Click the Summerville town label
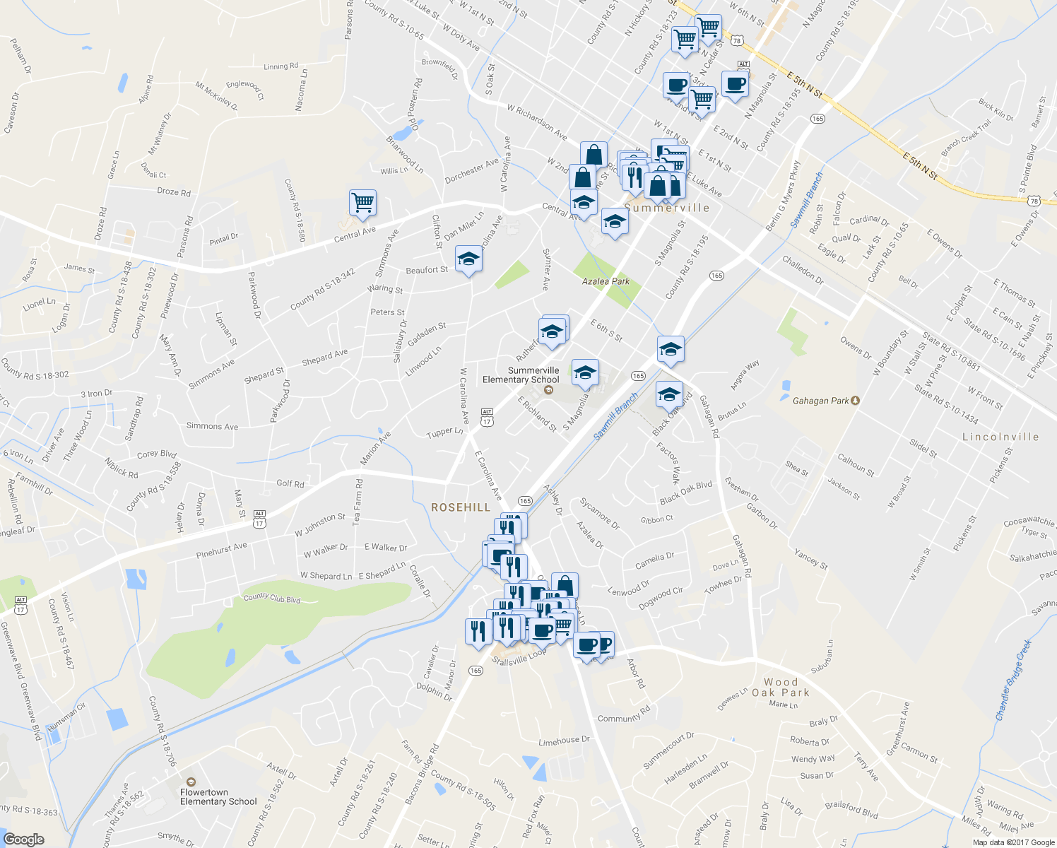(667, 208)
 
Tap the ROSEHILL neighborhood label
(461, 507)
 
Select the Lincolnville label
(1000, 437)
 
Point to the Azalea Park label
(606, 281)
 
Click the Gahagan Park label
(820, 401)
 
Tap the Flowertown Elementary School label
(218, 796)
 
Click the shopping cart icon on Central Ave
(362, 202)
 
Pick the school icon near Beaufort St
(468, 260)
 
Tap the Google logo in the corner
(23, 839)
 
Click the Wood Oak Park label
(781, 687)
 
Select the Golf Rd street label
(290, 483)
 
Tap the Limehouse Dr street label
(564, 741)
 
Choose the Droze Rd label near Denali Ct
(174, 192)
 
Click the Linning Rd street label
(281, 66)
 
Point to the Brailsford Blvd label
(851, 809)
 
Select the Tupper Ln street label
(444, 432)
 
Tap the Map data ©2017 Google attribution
(1013, 842)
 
